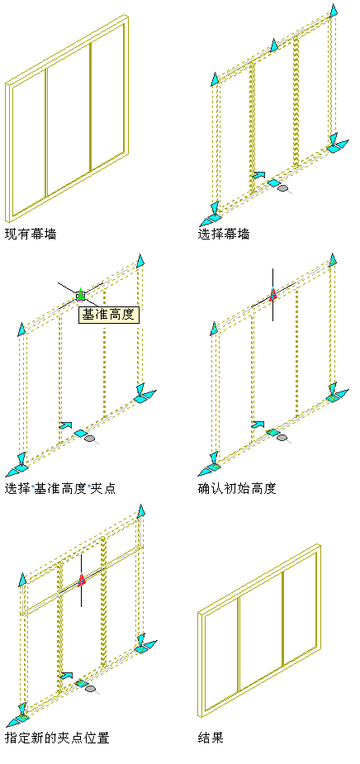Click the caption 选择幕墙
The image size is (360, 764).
(224, 235)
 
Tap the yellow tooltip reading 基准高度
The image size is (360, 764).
(109, 316)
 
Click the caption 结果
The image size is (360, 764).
(211, 738)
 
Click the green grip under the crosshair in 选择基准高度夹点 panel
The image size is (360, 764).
(80, 295)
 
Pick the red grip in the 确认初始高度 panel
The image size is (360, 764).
(272, 294)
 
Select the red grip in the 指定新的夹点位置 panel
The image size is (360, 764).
(82, 579)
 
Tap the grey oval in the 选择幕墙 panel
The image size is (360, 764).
(282, 187)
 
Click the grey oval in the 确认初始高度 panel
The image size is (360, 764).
(282, 438)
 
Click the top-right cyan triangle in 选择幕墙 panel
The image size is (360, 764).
(334, 11)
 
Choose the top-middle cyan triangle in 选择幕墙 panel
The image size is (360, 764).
(274, 45)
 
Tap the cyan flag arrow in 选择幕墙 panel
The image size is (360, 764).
(259, 175)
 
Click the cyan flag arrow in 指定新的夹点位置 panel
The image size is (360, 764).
(66, 676)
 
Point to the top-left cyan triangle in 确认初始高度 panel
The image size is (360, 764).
(213, 329)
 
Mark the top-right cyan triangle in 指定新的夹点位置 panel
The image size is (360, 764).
(141, 511)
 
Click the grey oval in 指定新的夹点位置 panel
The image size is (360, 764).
(90, 689)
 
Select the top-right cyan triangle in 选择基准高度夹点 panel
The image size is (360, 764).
(141, 260)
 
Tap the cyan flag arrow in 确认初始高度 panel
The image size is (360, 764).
(258, 425)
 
